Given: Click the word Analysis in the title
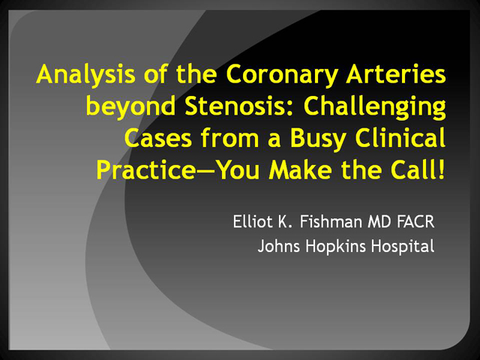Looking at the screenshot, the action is tap(85, 75).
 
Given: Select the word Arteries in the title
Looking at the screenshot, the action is tap(396, 73).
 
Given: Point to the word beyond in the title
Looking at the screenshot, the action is tap(130, 107).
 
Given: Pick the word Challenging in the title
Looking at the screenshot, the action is tap(375, 107).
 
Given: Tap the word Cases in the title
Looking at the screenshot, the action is tap(158, 138).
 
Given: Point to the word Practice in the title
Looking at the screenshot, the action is tap(145, 170).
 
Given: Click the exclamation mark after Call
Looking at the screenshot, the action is tap(441, 170).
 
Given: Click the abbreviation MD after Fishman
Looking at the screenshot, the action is tap(379, 222).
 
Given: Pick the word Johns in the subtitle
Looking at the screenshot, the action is tap(278, 247).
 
